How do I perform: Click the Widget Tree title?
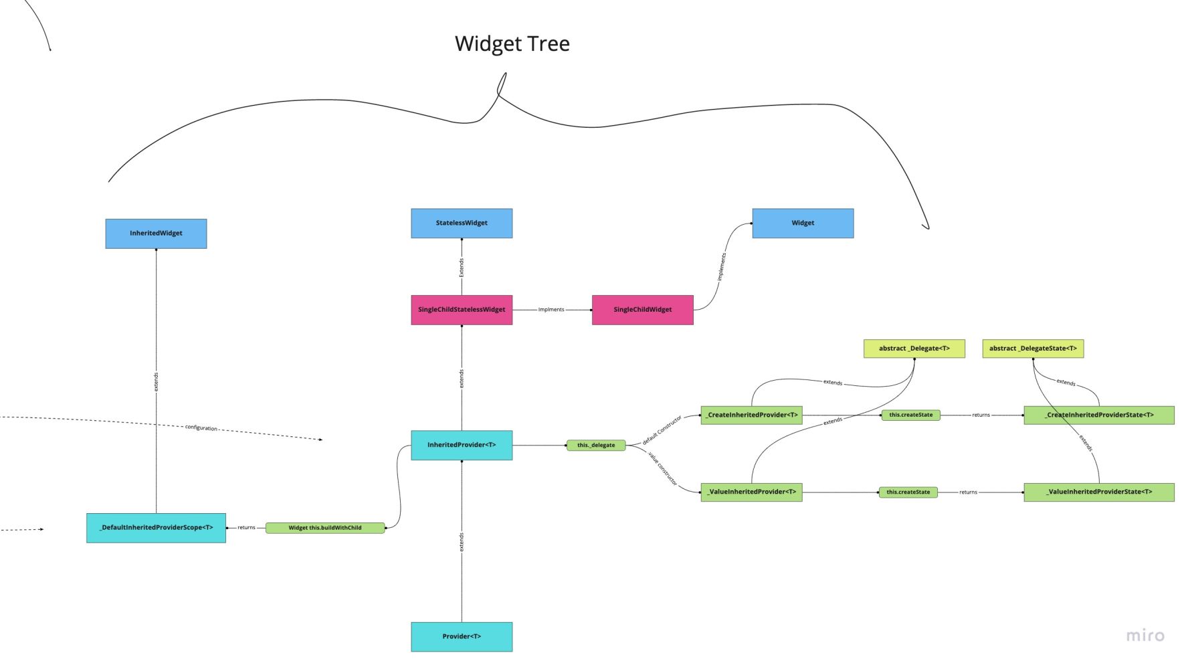[512, 44]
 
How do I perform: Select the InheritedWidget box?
[156, 233]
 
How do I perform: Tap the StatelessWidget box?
[462, 223]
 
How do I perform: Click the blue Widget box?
[803, 223]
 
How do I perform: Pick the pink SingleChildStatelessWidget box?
[462, 310]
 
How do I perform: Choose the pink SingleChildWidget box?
[642, 310]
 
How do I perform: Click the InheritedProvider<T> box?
[462, 445]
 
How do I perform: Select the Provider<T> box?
[462, 636]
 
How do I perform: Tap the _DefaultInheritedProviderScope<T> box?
[156, 528]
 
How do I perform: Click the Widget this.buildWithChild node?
[325, 528]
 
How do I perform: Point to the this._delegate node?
[596, 445]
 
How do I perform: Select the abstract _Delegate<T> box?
[914, 349]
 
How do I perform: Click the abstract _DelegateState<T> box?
[1033, 349]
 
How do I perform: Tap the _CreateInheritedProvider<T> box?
[751, 415]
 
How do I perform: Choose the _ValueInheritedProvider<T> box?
[751, 492]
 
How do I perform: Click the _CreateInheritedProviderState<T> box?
[1098, 415]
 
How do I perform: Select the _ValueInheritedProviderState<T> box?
[1098, 492]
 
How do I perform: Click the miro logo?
[1145, 636]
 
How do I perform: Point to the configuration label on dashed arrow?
[201, 427]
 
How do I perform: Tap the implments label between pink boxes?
[551, 310]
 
